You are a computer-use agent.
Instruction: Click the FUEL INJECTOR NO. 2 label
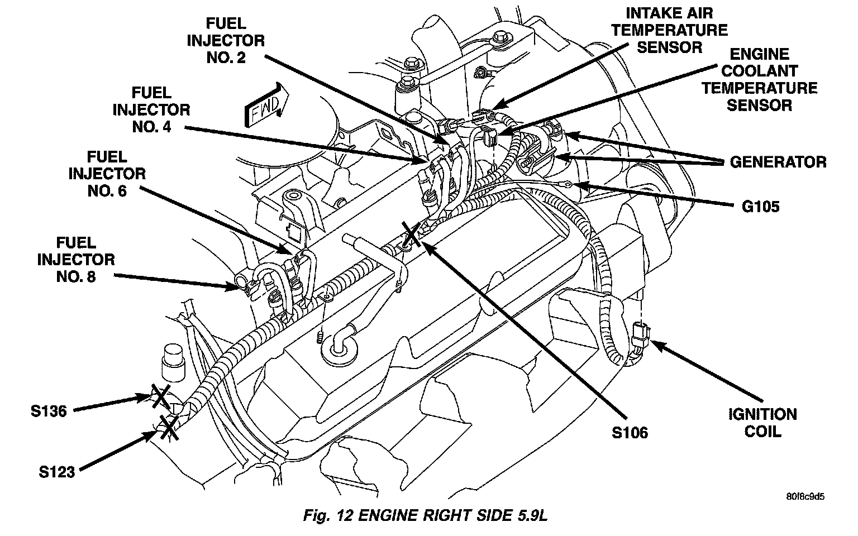(226, 41)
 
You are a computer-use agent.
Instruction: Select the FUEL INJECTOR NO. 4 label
(151, 109)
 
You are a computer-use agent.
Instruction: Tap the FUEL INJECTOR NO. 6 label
(107, 174)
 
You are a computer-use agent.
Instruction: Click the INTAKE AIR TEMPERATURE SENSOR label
(669, 30)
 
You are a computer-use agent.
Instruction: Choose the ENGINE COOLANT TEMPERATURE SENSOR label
(759, 79)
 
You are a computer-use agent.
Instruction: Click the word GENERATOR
(778, 162)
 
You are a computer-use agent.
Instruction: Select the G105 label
(760, 207)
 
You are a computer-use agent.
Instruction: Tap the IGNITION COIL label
(762, 423)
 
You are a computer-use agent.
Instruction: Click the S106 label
(630, 432)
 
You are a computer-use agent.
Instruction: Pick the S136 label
(49, 411)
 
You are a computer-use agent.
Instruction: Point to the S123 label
(56, 472)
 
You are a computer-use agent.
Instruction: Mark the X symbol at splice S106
(411, 236)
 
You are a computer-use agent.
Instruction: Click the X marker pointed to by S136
(160, 397)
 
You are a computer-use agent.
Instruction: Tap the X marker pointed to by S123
(168, 427)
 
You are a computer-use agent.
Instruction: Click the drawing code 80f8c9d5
(805, 496)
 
